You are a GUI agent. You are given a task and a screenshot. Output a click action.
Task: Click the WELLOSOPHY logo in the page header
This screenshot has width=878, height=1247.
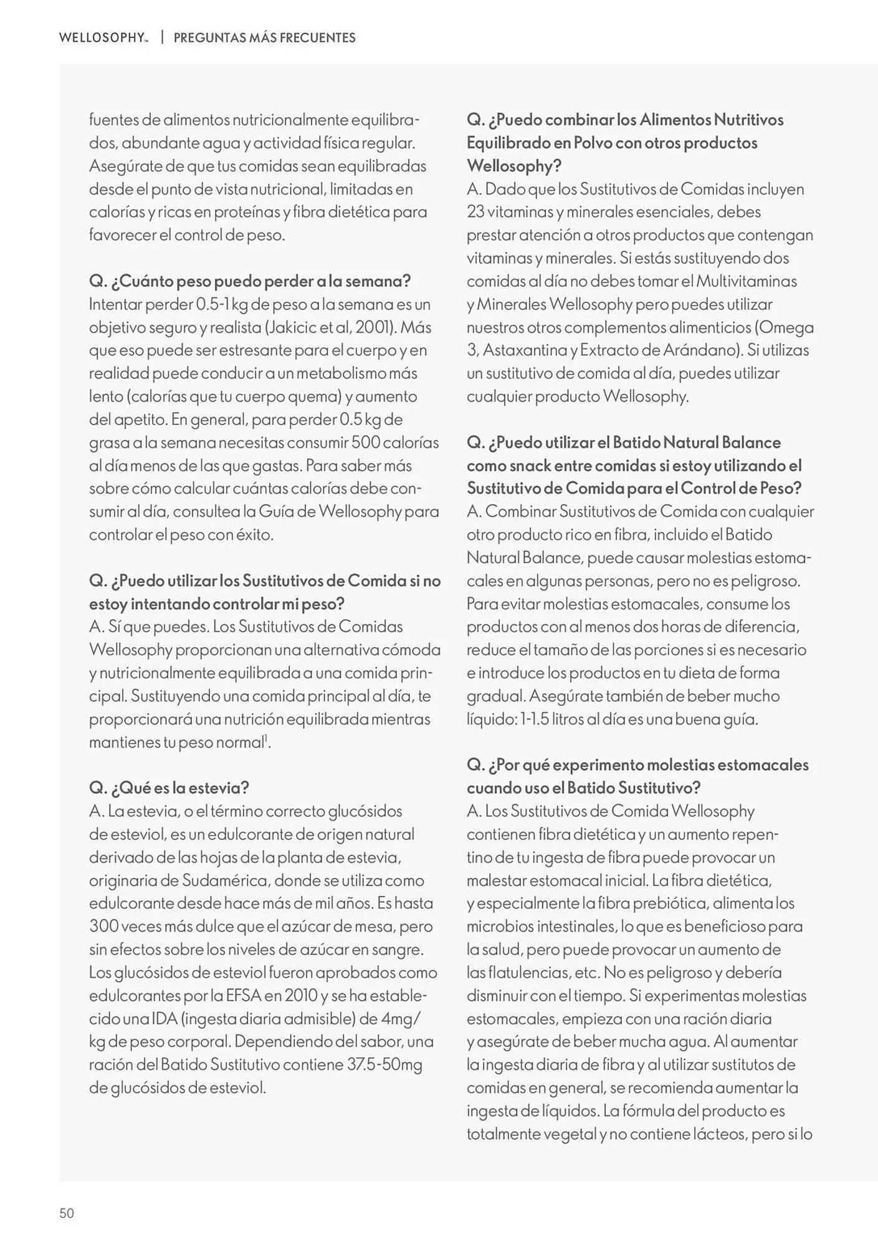pyautogui.click(x=103, y=37)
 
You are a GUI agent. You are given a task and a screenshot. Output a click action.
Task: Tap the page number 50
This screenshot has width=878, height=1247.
pyautogui.click(x=67, y=1213)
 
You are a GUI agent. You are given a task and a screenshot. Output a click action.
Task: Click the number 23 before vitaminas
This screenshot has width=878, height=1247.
pyautogui.click(x=475, y=212)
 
